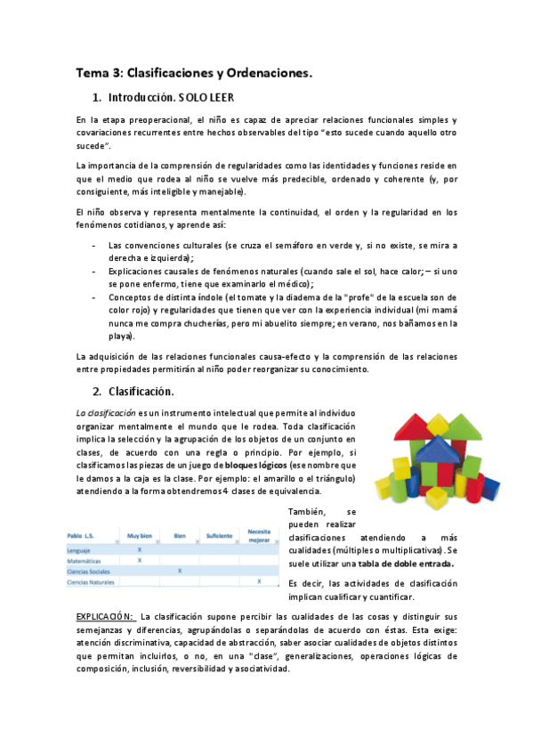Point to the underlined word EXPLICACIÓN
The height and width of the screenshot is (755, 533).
[104, 616]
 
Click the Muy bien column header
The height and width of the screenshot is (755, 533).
[139, 536]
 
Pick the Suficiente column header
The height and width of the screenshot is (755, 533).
[219, 536]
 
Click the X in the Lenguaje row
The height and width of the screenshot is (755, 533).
[140, 550]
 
